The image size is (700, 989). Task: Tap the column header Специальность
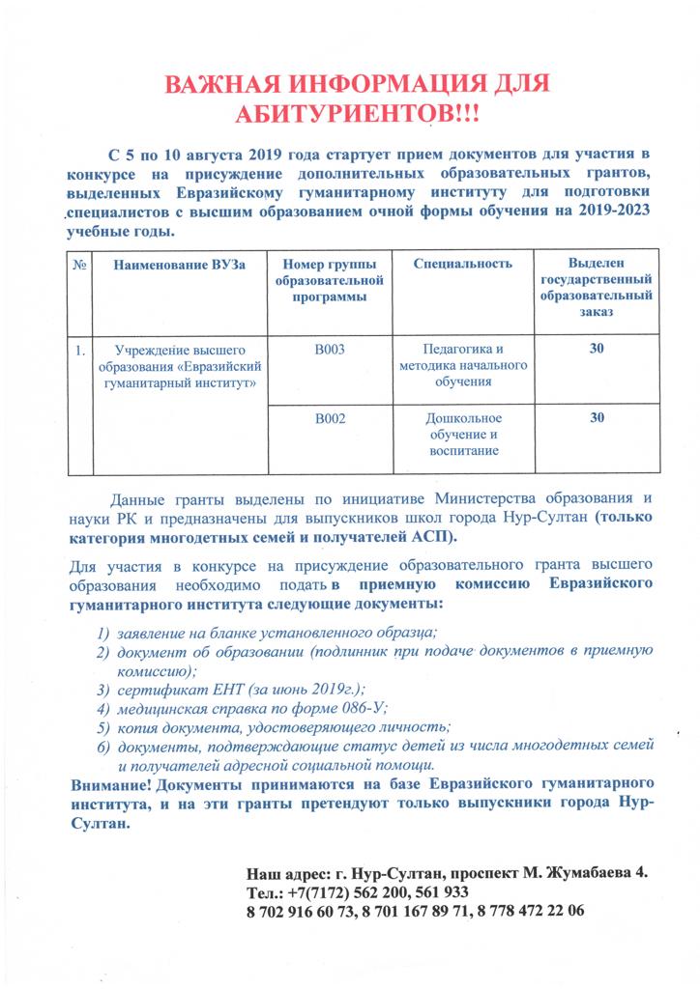pyautogui.click(x=462, y=264)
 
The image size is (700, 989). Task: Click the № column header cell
pyautogui.click(x=78, y=265)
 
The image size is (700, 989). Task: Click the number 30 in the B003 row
pyautogui.click(x=597, y=350)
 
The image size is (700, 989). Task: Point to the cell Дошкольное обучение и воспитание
pyautogui.click(x=462, y=435)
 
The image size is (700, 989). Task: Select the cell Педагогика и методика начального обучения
pyautogui.click(x=462, y=365)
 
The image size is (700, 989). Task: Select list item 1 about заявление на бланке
pyautogui.click(x=276, y=633)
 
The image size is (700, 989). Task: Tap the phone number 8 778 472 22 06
pyautogui.click(x=531, y=911)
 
